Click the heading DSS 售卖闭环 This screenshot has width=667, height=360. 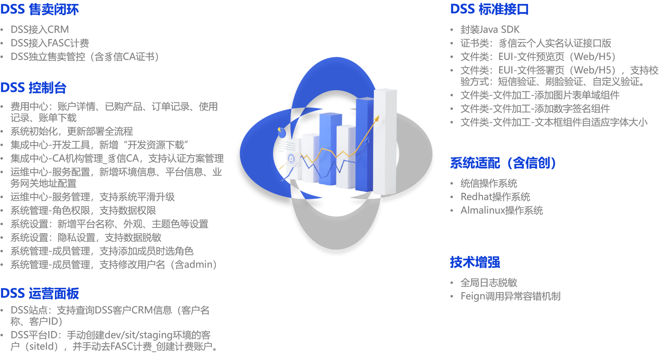tap(40, 9)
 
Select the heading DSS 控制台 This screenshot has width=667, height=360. tap(33, 88)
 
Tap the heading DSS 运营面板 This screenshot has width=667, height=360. tap(40, 294)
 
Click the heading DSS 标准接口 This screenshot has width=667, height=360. tap(489, 9)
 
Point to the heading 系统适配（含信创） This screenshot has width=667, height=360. tap(503, 163)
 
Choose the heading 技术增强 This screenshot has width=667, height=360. tap(475, 262)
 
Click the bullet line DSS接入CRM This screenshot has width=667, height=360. tap(40, 29)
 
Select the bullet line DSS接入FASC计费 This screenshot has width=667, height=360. tap(50, 43)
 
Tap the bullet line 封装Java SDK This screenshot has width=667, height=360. tap(490, 29)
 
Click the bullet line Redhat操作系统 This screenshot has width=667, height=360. tap(495, 197)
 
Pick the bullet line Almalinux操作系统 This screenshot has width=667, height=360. tap(502, 210)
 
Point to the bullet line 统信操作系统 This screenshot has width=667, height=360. tap(489, 183)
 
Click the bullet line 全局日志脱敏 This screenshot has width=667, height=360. tap(489, 283)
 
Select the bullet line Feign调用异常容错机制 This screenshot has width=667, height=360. tap(510, 296)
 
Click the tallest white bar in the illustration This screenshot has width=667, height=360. tap(385, 142)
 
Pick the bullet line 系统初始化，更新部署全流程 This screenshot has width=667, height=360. tap(72, 132)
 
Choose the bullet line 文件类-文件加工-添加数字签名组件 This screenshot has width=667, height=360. tap(536, 109)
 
